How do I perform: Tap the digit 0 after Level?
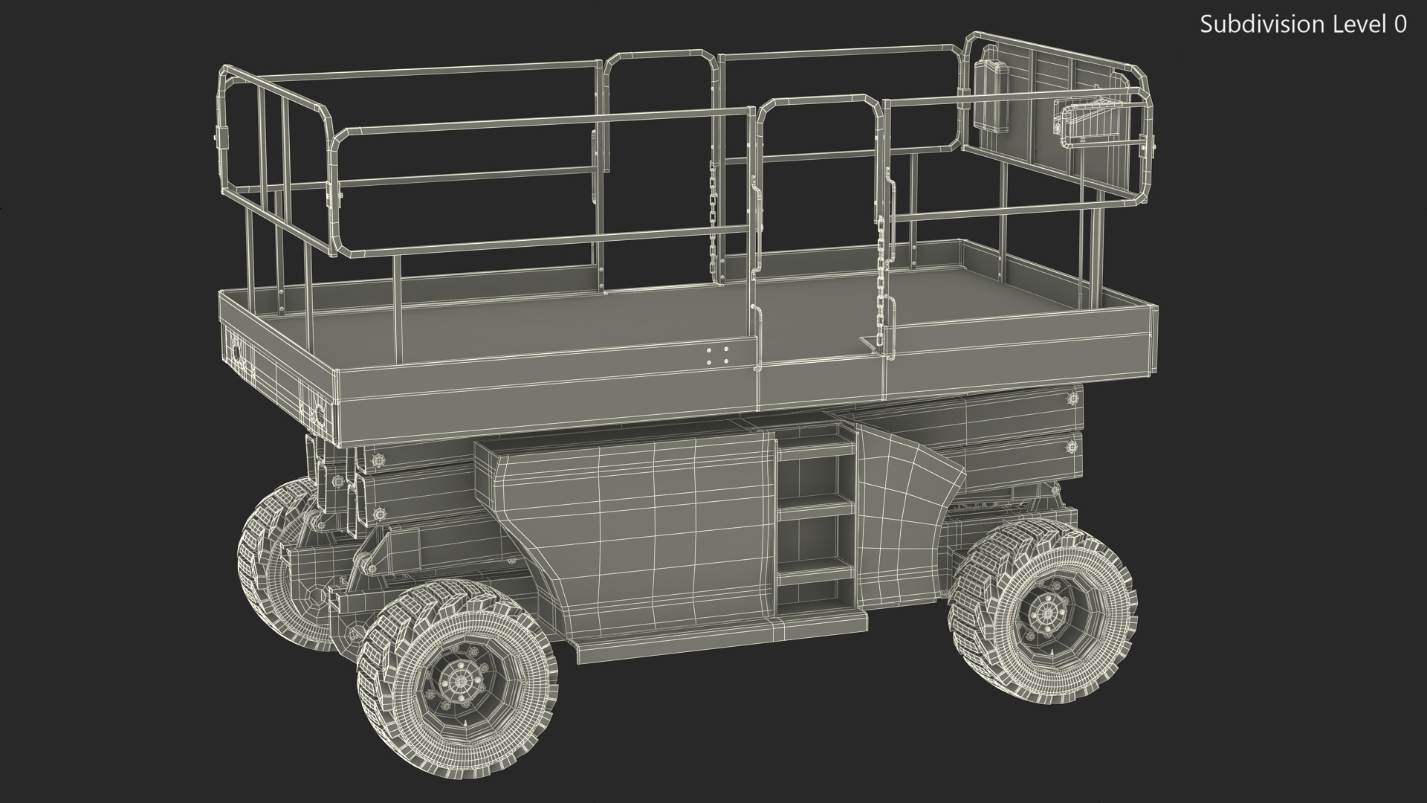tap(1400, 25)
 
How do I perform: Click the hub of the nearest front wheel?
tap(456, 682)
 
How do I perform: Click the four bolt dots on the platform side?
tap(717, 355)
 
